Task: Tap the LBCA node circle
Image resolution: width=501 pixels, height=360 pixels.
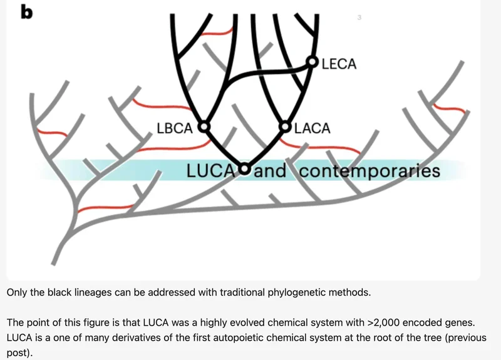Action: (x=204, y=128)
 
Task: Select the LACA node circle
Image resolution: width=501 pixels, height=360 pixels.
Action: (x=286, y=128)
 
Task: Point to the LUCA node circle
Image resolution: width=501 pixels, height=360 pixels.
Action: (x=244, y=169)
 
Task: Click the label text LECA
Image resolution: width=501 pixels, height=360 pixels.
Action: (x=338, y=64)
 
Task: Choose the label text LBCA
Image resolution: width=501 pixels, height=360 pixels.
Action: (x=175, y=129)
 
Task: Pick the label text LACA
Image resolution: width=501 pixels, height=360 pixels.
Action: (x=312, y=129)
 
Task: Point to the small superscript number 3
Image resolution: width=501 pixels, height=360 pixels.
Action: (x=359, y=18)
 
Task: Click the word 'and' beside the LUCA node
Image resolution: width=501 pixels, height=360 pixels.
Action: (x=270, y=170)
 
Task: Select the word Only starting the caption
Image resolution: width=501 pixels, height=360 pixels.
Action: (x=18, y=292)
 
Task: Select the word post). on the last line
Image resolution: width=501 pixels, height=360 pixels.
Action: (x=19, y=352)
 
